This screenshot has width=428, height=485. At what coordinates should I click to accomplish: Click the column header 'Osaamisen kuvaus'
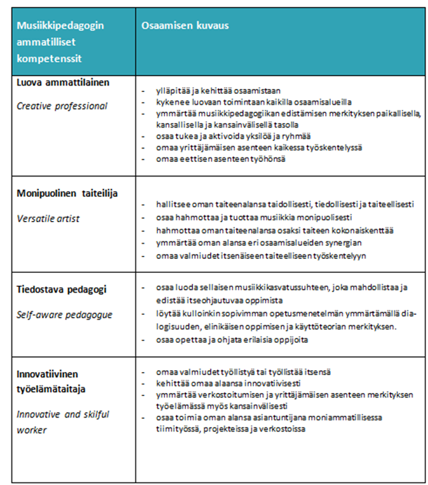point(184,26)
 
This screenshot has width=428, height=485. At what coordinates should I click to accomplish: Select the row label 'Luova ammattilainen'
point(63,83)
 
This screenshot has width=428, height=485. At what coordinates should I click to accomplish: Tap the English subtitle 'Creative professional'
point(62,106)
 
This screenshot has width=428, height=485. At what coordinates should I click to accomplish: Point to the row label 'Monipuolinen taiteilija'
point(67,193)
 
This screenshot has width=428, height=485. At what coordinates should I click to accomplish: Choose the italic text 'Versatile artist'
point(49,219)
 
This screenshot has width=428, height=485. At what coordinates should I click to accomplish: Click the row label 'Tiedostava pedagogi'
point(62,289)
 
